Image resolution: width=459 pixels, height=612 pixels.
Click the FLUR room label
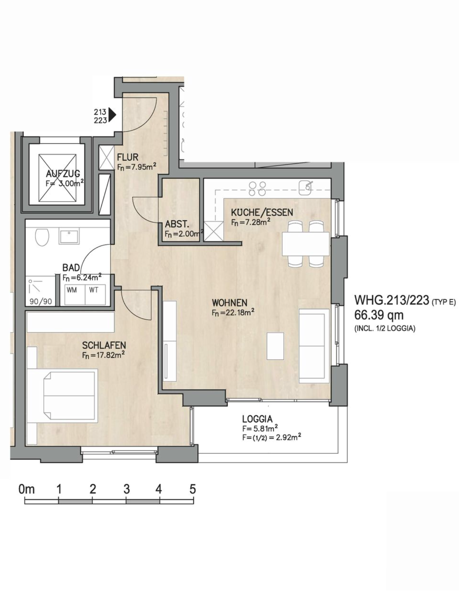128,157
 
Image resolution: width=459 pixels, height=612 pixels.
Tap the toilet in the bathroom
42,237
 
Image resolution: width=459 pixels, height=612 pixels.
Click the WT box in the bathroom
95,295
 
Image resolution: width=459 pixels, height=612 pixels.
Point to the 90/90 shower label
41,302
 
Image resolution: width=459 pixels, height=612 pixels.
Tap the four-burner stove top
257,189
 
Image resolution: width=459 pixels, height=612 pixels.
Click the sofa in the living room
314,346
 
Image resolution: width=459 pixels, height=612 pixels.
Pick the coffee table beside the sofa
275,346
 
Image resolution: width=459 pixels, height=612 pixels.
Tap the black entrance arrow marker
112,115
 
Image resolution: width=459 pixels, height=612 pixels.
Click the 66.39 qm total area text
379,315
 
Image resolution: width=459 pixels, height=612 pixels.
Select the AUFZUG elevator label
63,174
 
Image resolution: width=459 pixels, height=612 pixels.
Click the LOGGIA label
257,419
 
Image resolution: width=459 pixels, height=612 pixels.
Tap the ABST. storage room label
177,224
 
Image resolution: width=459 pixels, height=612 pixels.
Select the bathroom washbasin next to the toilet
69,237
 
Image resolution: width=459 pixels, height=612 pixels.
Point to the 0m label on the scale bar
27,489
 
